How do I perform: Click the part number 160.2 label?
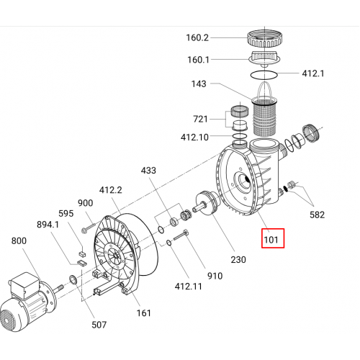(197, 37)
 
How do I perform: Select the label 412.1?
(313, 73)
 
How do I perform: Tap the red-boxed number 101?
(271, 240)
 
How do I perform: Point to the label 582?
(317, 215)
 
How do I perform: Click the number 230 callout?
(238, 259)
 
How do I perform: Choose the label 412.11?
(189, 286)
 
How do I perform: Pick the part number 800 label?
(19, 240)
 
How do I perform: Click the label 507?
(99, 325)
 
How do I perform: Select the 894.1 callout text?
(48, 225)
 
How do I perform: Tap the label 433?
(148, 171)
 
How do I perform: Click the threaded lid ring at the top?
(264, 39)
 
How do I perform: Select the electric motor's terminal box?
(24, 285)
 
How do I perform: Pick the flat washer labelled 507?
(73, 279)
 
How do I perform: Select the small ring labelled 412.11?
(169, 243)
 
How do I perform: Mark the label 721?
(200, 119)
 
